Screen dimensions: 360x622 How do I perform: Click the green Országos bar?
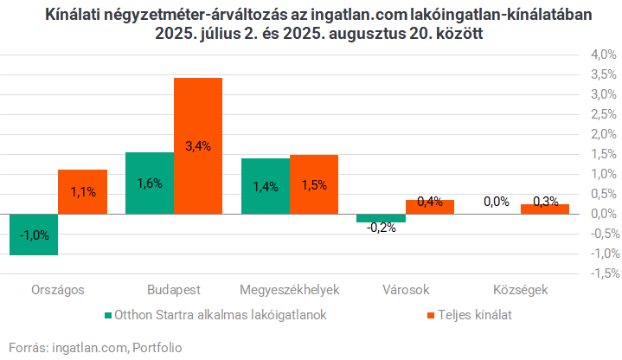tap(33, 234)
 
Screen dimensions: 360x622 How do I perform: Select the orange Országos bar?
tap(82, 191)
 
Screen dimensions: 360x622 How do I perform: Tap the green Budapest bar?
tap(150, 183)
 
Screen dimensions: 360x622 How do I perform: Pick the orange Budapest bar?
tap(198, 145)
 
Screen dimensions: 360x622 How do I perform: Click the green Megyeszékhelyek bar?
tap(266, 186)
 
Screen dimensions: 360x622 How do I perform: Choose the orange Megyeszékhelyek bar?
tap(314, 184)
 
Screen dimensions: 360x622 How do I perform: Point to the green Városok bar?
tap(382, 218)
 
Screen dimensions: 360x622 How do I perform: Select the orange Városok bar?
tap(430, 207)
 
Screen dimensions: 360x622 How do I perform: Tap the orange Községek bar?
tap(545, 209)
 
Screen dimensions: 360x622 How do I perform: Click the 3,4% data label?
tap(198, 146)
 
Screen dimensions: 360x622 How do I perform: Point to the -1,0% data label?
tap(34, 235)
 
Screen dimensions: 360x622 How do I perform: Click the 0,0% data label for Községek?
tap(497, 202)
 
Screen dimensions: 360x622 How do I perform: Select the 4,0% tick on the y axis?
tap(602, 55)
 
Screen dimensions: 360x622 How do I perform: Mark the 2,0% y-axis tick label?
tap(602, 135)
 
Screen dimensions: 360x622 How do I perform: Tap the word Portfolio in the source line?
tap(157, 347)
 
